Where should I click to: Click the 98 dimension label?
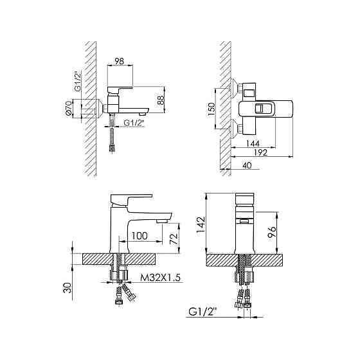pos(119,61)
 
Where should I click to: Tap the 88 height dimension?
pos(161,100)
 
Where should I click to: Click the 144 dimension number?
pos(253,143)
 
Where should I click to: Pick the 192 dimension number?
pos(261,152)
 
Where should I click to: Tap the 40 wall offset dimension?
pos(247,165)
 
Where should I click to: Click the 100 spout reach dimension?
pos(139,236)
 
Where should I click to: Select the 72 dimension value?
pos(174,239)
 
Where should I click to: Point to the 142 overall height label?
pos(201,224)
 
